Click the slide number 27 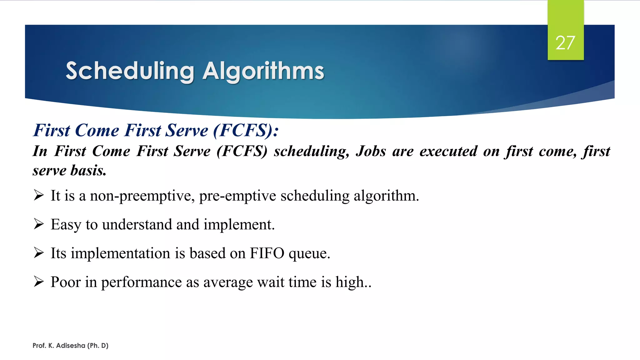point(565,43)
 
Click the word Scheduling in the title point(130,71)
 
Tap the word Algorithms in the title point(263,71)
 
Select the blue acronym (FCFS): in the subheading point(246,130)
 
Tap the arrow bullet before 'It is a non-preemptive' point(39,196)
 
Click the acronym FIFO point(267,253)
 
